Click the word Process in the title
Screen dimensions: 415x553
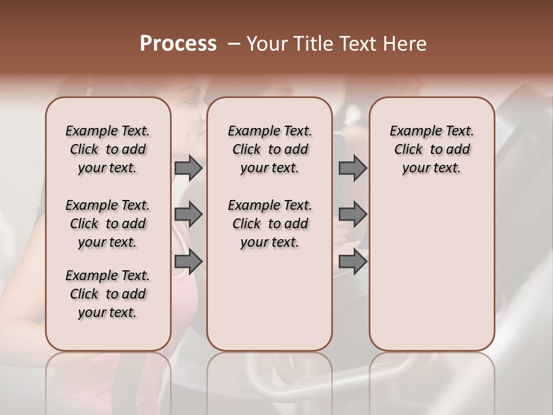pyautogui.click(x=178, y=44)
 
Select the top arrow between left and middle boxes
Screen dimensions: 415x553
pyautogui.click(x=188, y=168)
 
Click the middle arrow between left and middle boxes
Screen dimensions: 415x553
pyautogui.click(x=188, y=214)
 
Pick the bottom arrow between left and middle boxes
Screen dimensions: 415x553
pyautogui.click(x=188, y=262)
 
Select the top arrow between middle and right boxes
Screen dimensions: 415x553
pyautogui.click(x=353, y=168)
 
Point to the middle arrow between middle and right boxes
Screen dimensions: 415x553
pyautogui.click(x=353, y=214)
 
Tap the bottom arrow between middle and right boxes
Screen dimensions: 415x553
pyautogui.click(x=353, y=262)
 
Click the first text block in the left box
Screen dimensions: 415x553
pyautogui.click(x=108, y=149)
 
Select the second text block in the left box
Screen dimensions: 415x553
pyautogui.click(x=108, y=224)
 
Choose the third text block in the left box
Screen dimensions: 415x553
pyautogui.click(x=108, y=294)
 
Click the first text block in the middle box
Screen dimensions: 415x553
pyautogui.click(x=270, y=149)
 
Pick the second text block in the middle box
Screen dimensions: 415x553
pyautogui.click(x=270, y=224)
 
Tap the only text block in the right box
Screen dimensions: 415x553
pyautogui.click(x=431, y=149)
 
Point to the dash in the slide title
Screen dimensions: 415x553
pyautogui.click(x=234, y=44)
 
